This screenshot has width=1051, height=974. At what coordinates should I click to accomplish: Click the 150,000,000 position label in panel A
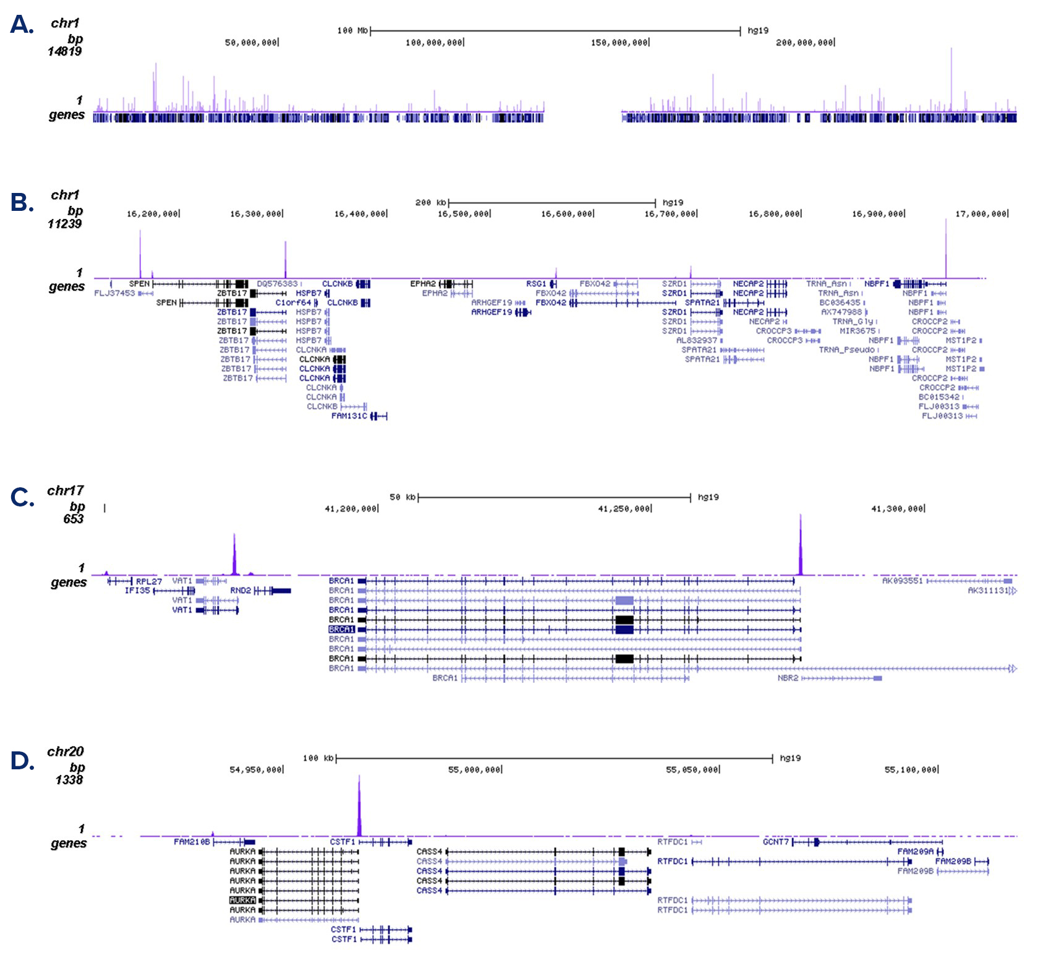tap(619, 43)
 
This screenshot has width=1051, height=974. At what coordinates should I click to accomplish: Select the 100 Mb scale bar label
tap(352, 30)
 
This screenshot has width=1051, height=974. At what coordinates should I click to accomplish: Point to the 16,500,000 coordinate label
tap(464, 214)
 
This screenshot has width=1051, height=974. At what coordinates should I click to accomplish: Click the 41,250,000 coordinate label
tap(624, 509)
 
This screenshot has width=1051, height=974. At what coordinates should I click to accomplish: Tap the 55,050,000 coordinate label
tap(692, 770)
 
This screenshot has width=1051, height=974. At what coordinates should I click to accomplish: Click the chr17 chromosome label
tap(65, 491)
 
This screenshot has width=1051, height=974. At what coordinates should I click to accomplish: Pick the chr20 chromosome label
tap(65, 752)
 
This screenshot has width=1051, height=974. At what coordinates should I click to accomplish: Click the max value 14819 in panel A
tap(65, 51)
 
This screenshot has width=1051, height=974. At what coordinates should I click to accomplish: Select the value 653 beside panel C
tap(73, 519)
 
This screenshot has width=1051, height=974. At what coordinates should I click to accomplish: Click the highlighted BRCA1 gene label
tap(341, 630)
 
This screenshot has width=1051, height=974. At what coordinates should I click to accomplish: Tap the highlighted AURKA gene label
tap(242, 900)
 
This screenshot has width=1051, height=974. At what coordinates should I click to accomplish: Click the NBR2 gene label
tap(788, 678)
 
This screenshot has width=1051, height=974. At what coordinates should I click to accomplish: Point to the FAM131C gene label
tap(349, 416)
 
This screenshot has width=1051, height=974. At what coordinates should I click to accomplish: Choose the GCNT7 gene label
tap(776, 842)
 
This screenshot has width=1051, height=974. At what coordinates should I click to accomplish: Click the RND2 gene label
tap(240, 591)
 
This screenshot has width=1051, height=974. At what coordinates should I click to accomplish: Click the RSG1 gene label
tap(536, 284)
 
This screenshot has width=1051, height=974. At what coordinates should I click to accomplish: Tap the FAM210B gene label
tap(192, 842)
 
